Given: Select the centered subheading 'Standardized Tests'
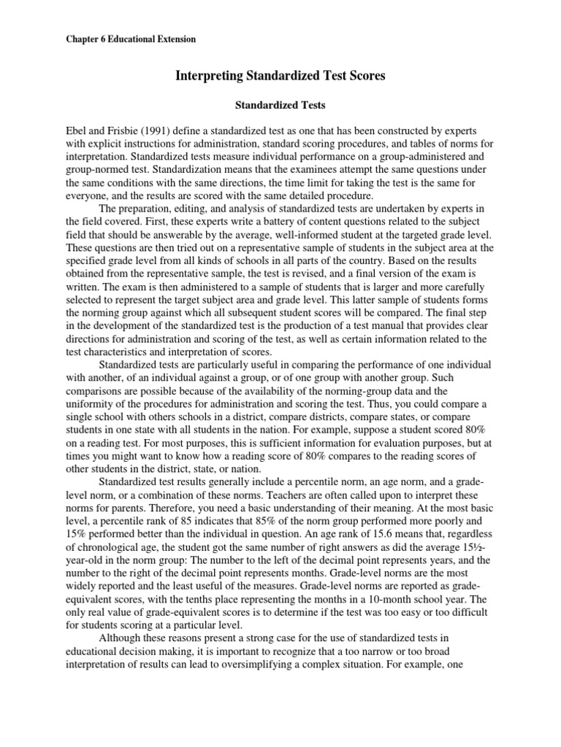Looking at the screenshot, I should tap(280, 106).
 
